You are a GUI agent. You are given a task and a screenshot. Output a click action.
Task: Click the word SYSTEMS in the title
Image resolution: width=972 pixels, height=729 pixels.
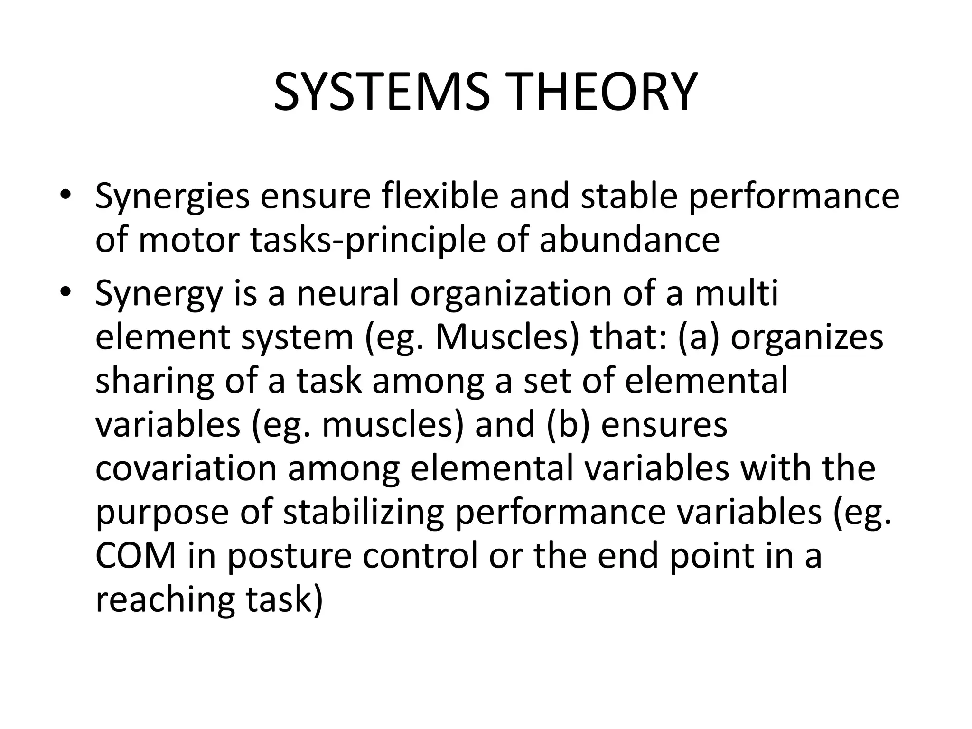click(382, 92)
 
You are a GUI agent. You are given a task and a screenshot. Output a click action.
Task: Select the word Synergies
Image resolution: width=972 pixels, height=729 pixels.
click(172, 197)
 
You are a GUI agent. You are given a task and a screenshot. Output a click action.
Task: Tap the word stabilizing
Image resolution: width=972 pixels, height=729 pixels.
click(363, 513)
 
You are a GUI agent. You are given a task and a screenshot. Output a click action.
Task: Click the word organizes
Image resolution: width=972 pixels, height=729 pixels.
click(806, 338)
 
